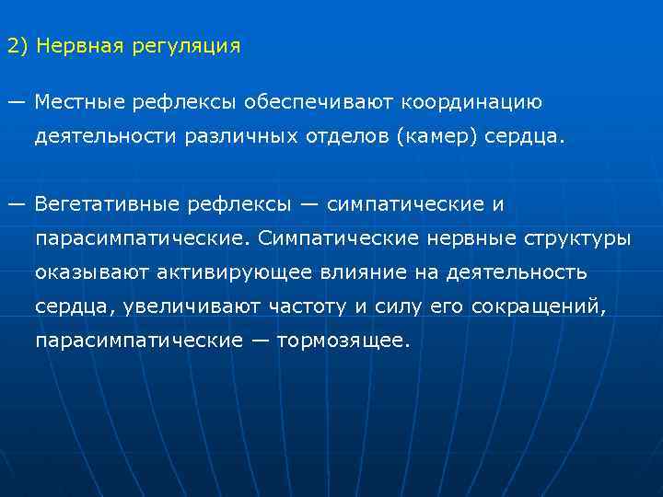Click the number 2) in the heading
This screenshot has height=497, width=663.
pos(17,46)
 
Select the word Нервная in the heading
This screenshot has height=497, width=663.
pos(78,46)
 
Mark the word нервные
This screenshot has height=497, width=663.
pos(471,238)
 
